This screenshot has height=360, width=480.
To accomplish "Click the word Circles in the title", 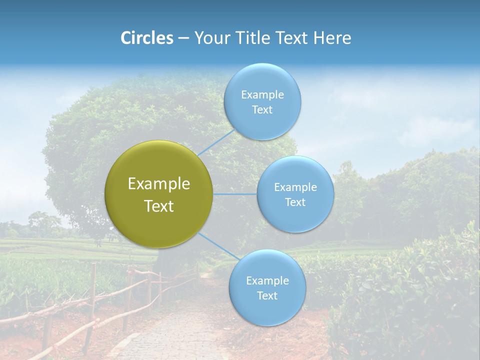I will [x=146, y=38].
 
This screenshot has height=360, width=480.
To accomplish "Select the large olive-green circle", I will [x=159, y=194].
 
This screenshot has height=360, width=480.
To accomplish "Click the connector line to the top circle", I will [x=216, y=142].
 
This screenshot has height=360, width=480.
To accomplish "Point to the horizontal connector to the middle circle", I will [x=235, y=194].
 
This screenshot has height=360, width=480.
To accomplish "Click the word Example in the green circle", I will [x=159, y=184].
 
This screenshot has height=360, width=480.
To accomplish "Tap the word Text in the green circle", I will [x=159, y=206].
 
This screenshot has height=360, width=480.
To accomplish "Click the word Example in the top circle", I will [x=262, y=95].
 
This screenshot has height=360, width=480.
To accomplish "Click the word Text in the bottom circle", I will [x=267, y=295].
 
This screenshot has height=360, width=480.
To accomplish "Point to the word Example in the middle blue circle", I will [x=295, y=187].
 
